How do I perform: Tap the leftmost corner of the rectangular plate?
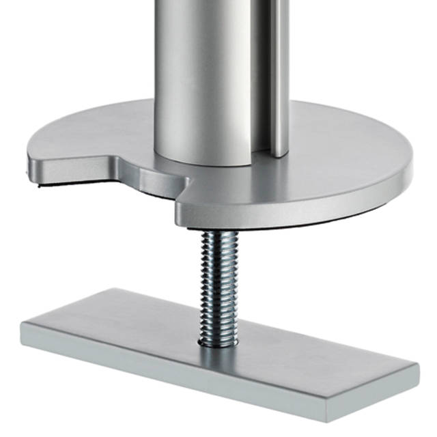click(23, 325)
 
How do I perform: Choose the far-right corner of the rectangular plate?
click(417, 367)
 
